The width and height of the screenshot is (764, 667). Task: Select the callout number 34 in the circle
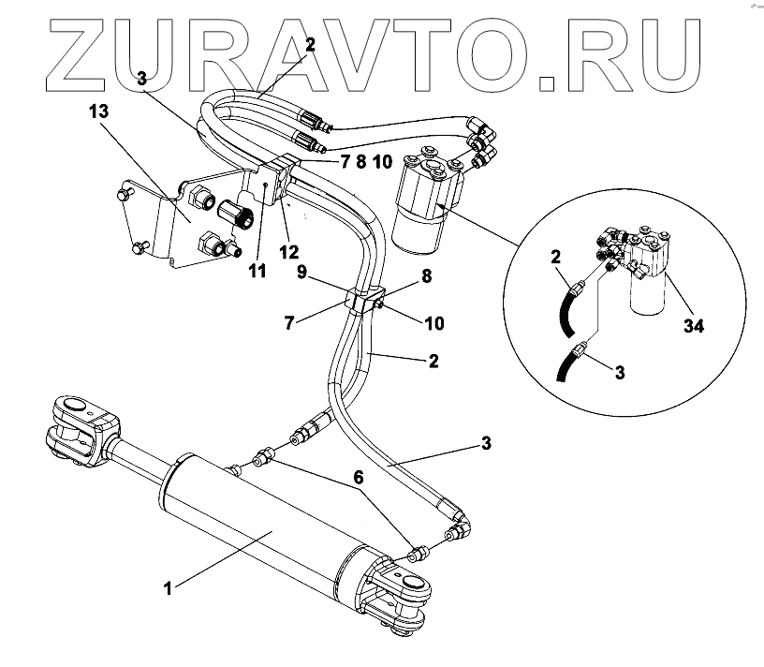[694, 326]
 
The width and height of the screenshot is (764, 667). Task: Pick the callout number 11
[257, 272]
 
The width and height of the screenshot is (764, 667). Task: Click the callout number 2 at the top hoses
[311, 43]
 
